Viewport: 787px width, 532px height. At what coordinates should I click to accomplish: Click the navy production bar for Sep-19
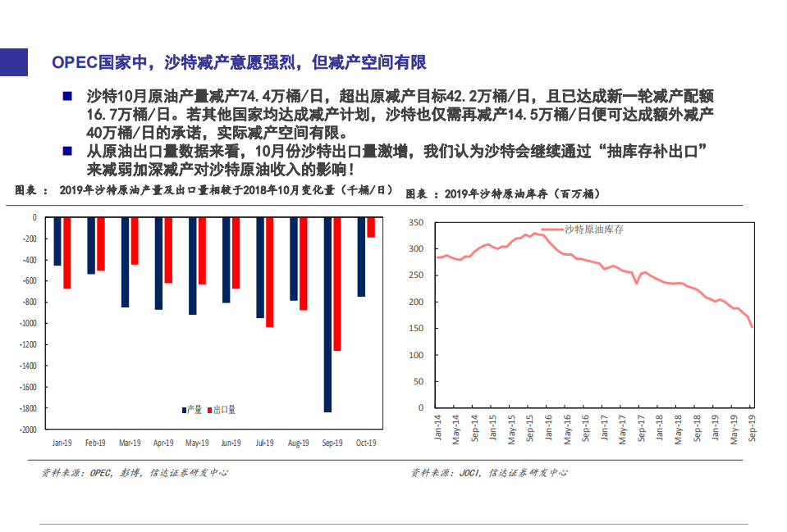327,315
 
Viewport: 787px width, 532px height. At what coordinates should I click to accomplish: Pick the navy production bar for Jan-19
57,242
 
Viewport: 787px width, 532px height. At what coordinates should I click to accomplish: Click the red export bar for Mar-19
135,241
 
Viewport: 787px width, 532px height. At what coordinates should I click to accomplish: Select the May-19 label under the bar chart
197,443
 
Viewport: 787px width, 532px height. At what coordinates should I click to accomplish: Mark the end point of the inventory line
753,327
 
